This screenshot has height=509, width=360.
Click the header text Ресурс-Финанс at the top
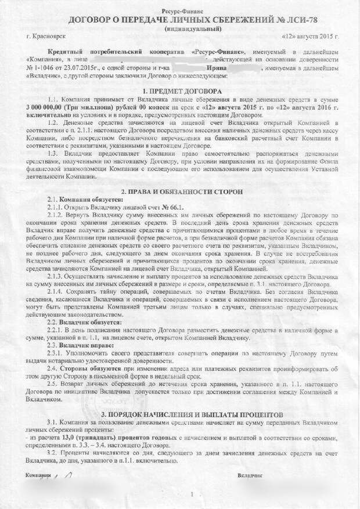[181, 11]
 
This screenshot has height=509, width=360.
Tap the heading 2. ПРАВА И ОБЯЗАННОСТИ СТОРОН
[181, 190]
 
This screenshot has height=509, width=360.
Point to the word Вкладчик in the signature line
[250, 475]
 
